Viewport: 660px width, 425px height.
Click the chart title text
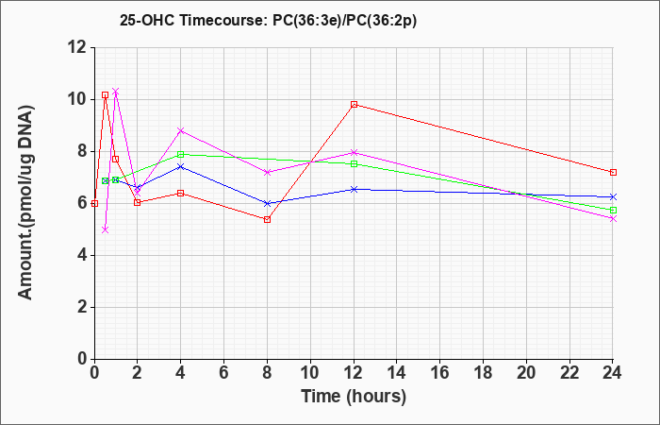(x=268, y=21)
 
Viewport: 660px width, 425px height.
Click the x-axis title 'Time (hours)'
(x=354, y=397)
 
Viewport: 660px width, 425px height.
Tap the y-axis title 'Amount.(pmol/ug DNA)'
(x=26, y=202)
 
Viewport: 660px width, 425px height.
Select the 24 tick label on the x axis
(x=612, y=373)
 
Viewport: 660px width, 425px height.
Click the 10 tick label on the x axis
(x=310, y=373)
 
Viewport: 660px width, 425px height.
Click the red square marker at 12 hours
(x=354, y=104)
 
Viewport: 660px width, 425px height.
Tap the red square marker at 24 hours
(x=613, y=172)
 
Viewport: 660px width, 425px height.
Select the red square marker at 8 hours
(x=267, y=219)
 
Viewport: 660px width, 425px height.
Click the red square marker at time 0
(x=94, y=203)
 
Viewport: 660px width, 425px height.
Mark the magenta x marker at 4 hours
(x=181, y=130)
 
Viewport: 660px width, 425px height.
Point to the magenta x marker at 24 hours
(x=613, y=218)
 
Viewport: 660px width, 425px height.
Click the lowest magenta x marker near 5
(x=106, y=229)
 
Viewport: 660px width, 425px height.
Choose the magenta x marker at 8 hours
(x=267, y=172)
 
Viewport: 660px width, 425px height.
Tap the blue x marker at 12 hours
(x=354, y=189)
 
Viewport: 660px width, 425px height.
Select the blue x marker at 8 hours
(x=267, y=203)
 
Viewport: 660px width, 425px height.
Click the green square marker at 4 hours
(x=181, y=154)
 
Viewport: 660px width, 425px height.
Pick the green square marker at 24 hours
(x=613, y=210)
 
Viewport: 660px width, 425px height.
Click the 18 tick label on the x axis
(x=483, y=373)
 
